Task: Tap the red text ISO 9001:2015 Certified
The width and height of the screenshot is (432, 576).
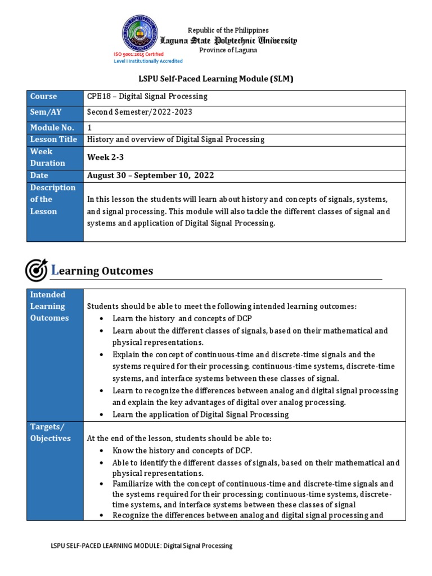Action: click(x=139, y=55)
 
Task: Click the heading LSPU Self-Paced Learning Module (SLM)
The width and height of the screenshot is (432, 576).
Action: click(x=216, y=79)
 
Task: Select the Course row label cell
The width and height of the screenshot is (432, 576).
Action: click(x=55, y=97)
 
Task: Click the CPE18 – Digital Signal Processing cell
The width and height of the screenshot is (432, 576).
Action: click(x=147, y=97)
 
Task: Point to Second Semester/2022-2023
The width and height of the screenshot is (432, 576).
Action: click(x=140, y=112)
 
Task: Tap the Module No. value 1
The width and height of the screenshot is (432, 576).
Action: click(x=89, y=128)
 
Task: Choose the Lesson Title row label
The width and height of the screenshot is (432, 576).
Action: click(x=55, y=139)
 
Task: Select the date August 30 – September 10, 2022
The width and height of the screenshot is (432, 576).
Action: click(x=151, y=175)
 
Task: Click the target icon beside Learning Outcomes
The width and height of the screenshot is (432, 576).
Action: click(x=36, y=271)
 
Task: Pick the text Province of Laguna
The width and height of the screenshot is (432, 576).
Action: click(x=228, y=51)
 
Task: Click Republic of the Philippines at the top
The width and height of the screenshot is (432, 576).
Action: click(x=228, y=30)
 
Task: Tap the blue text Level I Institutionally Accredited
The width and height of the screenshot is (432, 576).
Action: click(x=148, y=61)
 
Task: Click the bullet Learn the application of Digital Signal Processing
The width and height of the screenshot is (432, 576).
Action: click(x=201, y=415)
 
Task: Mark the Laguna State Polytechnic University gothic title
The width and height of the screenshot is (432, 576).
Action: click(x=229, y=40)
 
